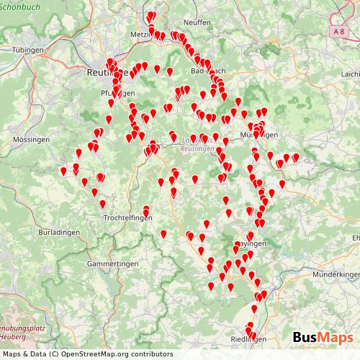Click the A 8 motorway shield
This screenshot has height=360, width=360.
[x=338, y=31]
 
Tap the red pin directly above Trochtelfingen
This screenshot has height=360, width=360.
[x=147, y=209]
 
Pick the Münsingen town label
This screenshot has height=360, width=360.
[x=258, y=135]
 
